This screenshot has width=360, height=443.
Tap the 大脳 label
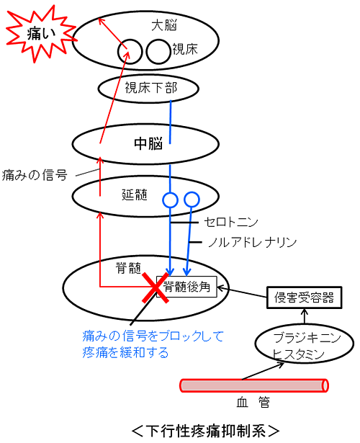pyautogui.click(x=164, y=25)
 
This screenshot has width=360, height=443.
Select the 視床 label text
pyautogui.click(x=185, y=49)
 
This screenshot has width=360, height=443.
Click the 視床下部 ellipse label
pyautogui.click(x=151, y=88)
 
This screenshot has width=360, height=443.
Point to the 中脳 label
pyautogui.click(x=148, y=143)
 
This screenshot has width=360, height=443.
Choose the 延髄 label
pyautogui.click(x=135, y=194)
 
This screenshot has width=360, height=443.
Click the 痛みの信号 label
pyautogui.click(x=35, y=175)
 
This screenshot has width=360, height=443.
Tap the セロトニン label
pyautogui.click(x=231, y=223)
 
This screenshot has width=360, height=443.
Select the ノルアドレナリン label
pyautogui.click(x=253, y=243)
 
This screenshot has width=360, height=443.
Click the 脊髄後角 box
pyautogui.click(x=186, y=287)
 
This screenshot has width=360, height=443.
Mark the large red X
pyautogui.click(x=156, y=287)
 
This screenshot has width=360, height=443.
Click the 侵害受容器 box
pyautogui.click(x=304, y=297)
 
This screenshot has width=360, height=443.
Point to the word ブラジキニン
pyautogui.click(x=307, y=338)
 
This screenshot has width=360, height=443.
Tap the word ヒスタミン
pyautogui.click(x=298, y=354)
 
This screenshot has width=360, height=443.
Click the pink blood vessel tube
pyautogui.click(x=254, y=385)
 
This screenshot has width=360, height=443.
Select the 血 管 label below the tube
pyautogui.click(x=253, y=402)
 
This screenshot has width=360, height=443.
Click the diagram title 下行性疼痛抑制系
pyautogui.click(x=205, y=431)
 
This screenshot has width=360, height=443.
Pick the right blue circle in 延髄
pyautogui.click(x=192, y=200)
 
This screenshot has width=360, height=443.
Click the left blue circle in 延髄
pyautogui.click(x=170, y=200)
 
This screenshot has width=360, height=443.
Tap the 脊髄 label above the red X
pyautogui.click(x=128, y=268)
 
